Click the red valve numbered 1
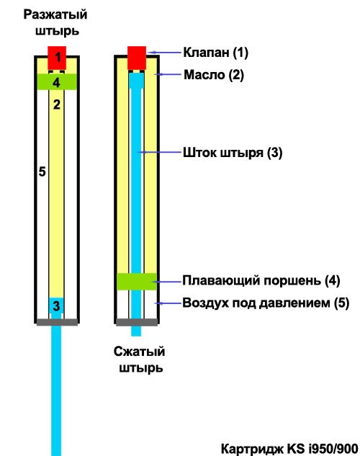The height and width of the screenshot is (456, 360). click(57, 58)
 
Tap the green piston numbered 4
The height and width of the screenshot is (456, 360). click(57, 81)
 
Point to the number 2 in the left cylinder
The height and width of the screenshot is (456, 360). click(57, 104)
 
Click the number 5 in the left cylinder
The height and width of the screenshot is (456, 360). click(42, 171)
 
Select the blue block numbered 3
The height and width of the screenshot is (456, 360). click(56, 305)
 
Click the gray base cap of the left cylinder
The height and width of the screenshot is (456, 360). click(57, 322)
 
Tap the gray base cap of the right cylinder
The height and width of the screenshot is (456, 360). click(137, 322)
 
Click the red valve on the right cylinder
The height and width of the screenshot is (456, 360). click(137, 58)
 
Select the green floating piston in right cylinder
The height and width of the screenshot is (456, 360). click(137, 282)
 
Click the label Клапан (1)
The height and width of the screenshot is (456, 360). click(215, 53)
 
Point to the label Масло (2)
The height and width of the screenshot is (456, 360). click(214, 75)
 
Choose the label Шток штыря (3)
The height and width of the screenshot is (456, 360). click(233, 153)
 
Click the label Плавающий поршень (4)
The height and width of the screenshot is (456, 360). click(261, 281)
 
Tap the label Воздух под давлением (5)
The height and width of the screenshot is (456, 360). click(266, 303)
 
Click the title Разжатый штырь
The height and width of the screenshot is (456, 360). click(55, 22)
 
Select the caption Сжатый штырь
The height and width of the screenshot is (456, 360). click(140, 359)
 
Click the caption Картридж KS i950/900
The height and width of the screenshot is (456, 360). click(289, 449)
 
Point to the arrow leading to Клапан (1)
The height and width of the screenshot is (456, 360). click(164, 53)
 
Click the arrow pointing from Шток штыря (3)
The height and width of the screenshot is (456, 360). click(159, 152)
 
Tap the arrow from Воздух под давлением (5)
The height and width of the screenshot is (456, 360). click(168, 303)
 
